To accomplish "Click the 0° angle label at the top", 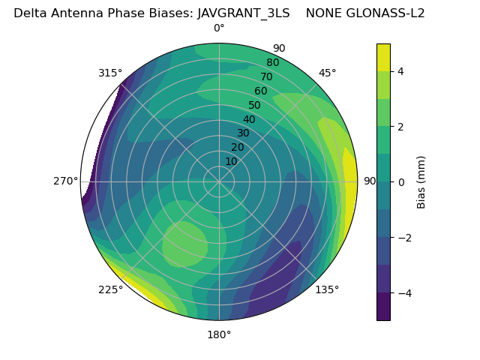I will click(x=219, y=28).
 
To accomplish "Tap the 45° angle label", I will click(x=327, y=73).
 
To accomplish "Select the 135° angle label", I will click(x=327, y=289).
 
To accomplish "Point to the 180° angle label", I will click(x=219, y=334).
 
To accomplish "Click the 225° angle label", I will click(x=110, y=289).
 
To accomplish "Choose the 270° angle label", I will click(x=66, y=181).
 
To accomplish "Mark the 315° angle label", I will click(x=110, y=73).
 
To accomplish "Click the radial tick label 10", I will click(x=231, y=161).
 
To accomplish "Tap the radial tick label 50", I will click(x=254, y=106).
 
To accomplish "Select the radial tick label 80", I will click(x=272, y=62).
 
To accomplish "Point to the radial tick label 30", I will click(x=243, y=133).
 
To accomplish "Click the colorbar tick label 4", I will click(x=400, y=71).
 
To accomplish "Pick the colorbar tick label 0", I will click(x=400, y=181).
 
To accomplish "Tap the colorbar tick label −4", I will click(x=403, y=292).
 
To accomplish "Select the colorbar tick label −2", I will click(x=403, y=237).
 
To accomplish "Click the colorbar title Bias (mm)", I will click(x=421, y=181).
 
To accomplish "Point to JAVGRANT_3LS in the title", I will click(x=244, y=13).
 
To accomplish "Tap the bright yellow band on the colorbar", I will click(x=383, y=57).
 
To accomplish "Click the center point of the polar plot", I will click(x=219, y=181).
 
